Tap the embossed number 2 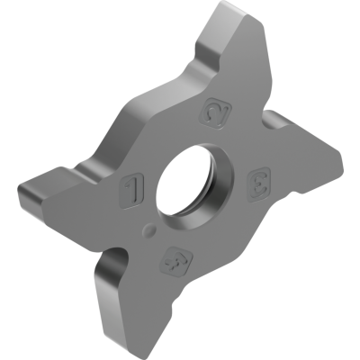[x=216, y=112]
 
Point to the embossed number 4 [x=170, y=262]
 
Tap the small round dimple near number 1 [x=147, y=229]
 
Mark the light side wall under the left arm [x=54, y=210]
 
